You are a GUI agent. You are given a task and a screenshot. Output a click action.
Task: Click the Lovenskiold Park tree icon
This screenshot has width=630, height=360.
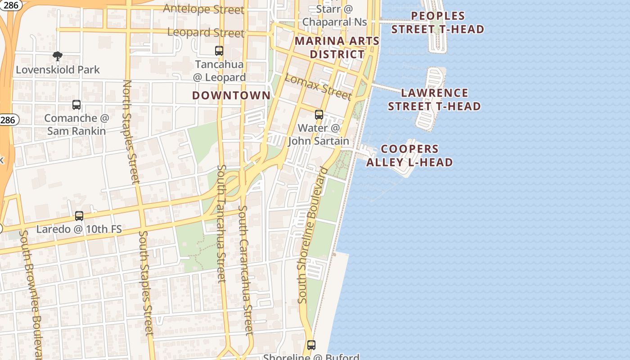click(57, 56)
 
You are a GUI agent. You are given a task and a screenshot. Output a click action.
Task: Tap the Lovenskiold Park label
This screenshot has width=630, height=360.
click(58, 70)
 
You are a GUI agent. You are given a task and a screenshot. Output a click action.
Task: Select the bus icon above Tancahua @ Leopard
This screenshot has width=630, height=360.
click(219, 51)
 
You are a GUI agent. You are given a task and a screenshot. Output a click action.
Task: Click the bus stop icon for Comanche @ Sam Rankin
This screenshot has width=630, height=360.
click(76, 105)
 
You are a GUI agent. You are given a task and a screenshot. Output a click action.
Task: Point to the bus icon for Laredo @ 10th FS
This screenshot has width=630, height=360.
click(79, 216)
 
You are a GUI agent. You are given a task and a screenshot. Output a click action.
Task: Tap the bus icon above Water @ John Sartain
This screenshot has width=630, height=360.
click(319, 115)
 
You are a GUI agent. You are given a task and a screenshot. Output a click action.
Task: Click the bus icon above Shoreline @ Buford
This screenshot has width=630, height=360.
click(311, 345)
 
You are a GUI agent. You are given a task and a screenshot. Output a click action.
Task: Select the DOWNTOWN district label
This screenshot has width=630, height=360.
click(231, 95)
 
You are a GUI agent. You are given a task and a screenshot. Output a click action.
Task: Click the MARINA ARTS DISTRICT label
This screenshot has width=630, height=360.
click(337, 48)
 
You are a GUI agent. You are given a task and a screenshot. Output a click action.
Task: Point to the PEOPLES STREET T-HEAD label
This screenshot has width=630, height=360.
click(437, 22)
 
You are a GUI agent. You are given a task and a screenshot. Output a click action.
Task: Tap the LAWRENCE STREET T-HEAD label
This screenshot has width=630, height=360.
click(434, 99)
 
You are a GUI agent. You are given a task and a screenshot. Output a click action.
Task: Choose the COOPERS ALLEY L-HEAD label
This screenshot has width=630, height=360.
click(409, 155)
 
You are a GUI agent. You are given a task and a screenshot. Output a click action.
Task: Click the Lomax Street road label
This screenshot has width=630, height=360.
click(318, 86)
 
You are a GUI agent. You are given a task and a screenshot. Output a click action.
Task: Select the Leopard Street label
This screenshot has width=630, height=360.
click(206, 32)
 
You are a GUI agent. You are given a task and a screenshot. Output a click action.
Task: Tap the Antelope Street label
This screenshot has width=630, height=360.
click(203, 9)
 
